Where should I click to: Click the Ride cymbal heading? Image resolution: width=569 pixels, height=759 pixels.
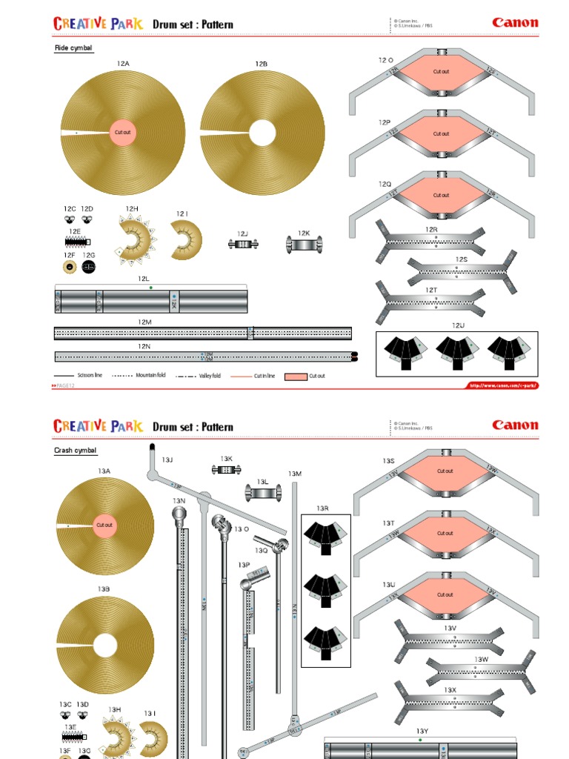coord(73,48)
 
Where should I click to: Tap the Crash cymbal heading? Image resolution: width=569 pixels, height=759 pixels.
coord(76,451)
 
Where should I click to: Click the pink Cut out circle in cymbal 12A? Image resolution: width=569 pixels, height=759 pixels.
coord(122,133)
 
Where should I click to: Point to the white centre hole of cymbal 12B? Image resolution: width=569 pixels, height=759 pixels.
coord(262,133)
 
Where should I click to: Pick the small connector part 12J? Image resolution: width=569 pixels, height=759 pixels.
coord(242,244)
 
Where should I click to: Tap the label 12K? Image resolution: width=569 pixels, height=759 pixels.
coord(304,233)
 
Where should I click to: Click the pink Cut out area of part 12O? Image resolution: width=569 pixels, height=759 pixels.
coord(442,73)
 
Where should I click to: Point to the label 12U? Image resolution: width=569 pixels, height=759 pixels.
coord(458,325)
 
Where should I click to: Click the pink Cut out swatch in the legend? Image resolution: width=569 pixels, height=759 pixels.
coord(296,377)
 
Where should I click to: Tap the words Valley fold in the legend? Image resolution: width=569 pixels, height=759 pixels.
coord(210,377)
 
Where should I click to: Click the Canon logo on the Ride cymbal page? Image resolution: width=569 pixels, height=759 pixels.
coord(515,22)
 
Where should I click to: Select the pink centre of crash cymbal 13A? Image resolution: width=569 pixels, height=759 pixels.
coord(104,525)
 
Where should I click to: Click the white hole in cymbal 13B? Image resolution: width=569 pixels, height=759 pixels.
coord(104,645)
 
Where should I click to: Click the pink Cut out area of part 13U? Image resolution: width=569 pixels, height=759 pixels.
coord(445,594)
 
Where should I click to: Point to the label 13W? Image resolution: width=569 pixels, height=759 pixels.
coord(482,659)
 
